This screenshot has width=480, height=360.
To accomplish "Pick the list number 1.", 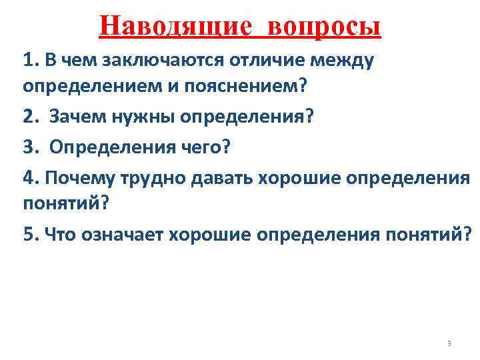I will point(28,61).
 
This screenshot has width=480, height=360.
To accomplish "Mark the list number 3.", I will point(29,147).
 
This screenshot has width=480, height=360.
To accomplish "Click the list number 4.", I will point(29,177).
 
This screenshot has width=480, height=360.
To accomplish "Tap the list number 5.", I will point(29,235).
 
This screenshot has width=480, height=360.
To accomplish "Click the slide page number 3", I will point(449,344).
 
